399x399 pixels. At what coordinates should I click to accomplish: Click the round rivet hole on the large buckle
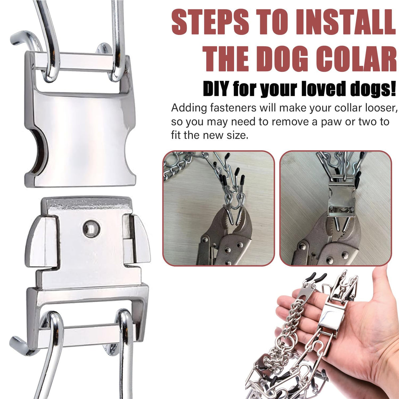click(x=91, y=228)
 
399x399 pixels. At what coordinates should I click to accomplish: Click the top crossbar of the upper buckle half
click(x=81, y=62)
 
